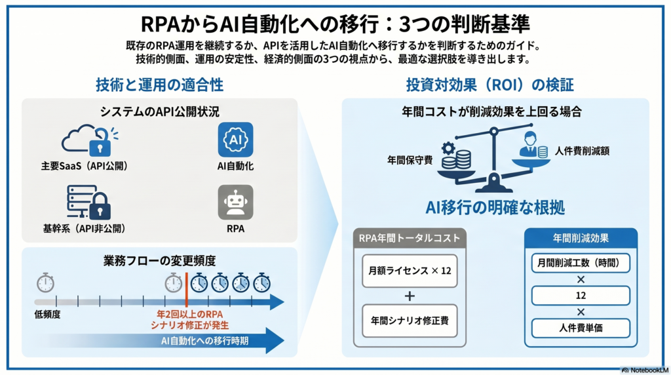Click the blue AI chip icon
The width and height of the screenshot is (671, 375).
coord(235,139)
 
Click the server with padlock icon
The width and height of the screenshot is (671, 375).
coord(88,203)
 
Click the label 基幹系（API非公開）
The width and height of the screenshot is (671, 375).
coord(84,229)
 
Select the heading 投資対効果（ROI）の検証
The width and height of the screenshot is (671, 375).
coord(489,85)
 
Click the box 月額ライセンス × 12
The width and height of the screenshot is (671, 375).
coord(410,271)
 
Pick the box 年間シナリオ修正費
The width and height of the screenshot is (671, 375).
coord(410,321)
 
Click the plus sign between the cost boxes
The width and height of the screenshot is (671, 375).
coord(410,296)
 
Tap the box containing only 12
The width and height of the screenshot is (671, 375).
coord(581,296)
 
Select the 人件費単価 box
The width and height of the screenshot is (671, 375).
coord(581,328)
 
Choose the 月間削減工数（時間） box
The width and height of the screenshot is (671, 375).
coord(581,264)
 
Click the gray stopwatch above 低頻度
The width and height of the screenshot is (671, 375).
coord(45,283)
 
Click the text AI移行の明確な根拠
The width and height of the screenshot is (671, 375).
coord(495,208)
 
